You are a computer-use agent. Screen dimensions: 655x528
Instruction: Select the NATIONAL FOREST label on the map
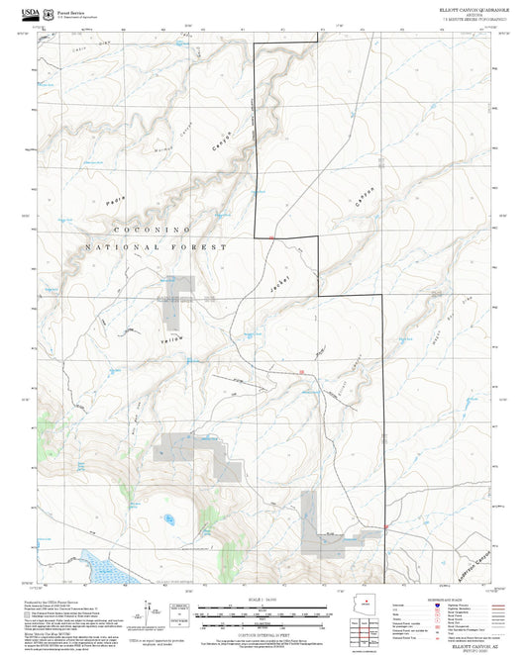156,246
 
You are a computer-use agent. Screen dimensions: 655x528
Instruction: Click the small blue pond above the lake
169,517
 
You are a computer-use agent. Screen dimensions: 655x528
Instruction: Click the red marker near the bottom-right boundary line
383,525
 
